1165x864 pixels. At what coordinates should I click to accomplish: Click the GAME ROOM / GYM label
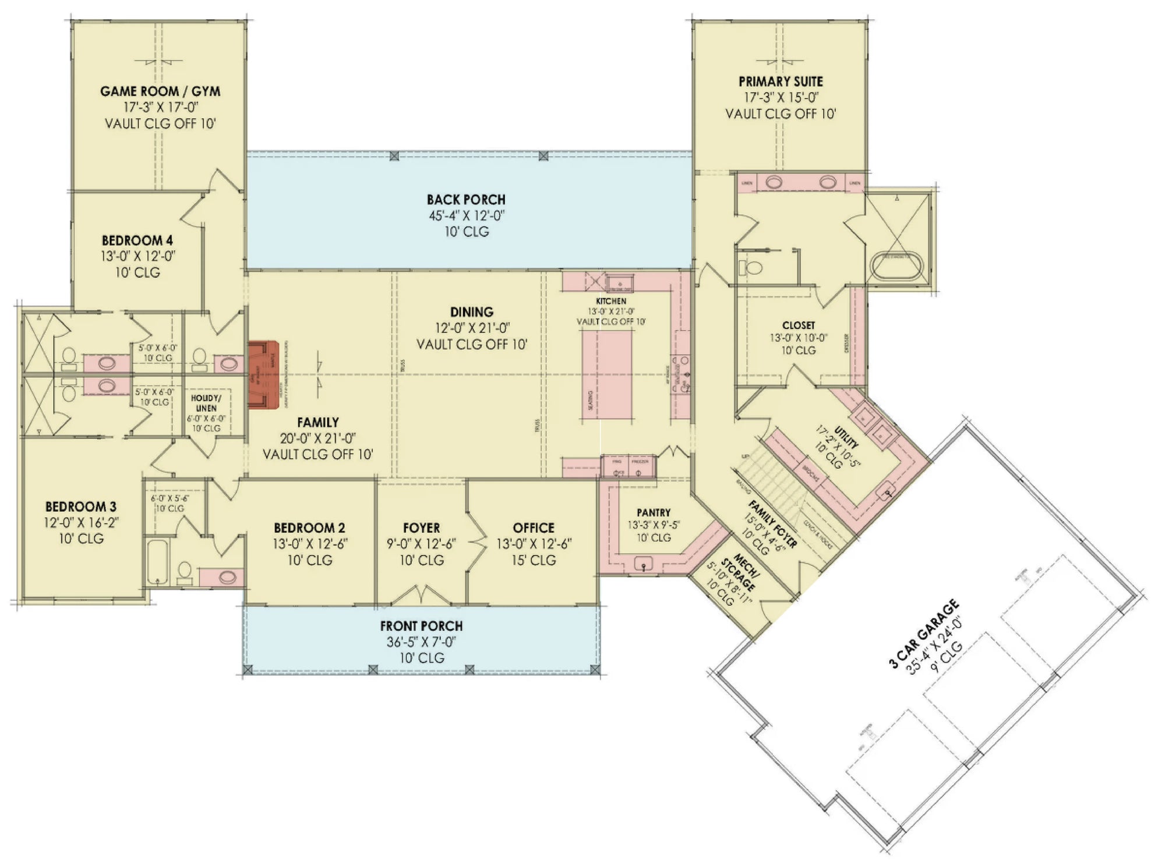160,91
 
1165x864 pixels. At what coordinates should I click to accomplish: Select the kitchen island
607,374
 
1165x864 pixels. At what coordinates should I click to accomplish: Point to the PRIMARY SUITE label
781,82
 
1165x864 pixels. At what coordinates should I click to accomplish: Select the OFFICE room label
534,528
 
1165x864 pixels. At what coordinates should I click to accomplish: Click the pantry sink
644,562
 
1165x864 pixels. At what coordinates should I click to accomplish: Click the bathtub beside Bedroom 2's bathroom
157,562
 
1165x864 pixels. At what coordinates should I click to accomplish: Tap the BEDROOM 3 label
81,507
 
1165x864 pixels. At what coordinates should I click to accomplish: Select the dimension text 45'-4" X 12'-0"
467,216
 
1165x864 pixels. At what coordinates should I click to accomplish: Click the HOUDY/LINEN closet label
206,403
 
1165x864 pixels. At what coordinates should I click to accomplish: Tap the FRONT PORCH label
421,626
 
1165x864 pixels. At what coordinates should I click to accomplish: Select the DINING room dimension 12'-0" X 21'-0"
472,328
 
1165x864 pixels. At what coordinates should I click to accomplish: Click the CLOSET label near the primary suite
799,325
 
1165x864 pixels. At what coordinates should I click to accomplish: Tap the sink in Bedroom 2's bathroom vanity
227,578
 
